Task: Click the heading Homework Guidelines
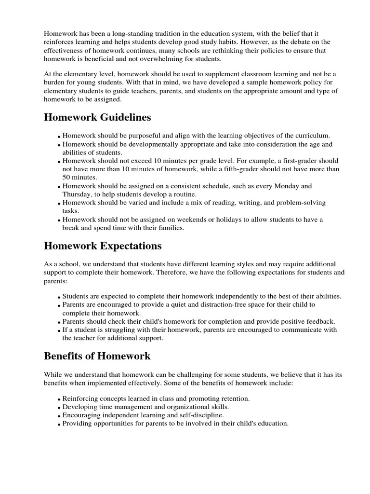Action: click(97, 118)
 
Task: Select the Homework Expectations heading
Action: click(103, 246)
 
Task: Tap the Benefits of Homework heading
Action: click(97, 357)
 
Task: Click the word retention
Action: click(234, 398)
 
